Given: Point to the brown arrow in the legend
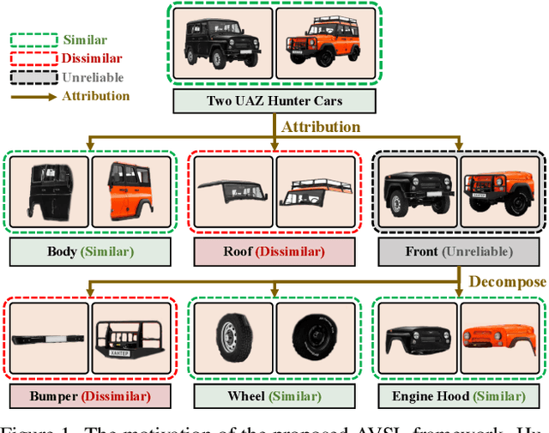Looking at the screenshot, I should coord(33,96).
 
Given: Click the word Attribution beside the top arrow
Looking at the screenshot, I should coord(322,127).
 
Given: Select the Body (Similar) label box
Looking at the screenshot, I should coord(87,252).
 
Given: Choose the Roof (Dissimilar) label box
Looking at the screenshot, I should coord(274,252).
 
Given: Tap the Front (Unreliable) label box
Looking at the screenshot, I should coord(460,252).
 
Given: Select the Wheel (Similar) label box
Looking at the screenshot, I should coord(274,396).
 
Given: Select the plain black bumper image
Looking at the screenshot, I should coord(48,336).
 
